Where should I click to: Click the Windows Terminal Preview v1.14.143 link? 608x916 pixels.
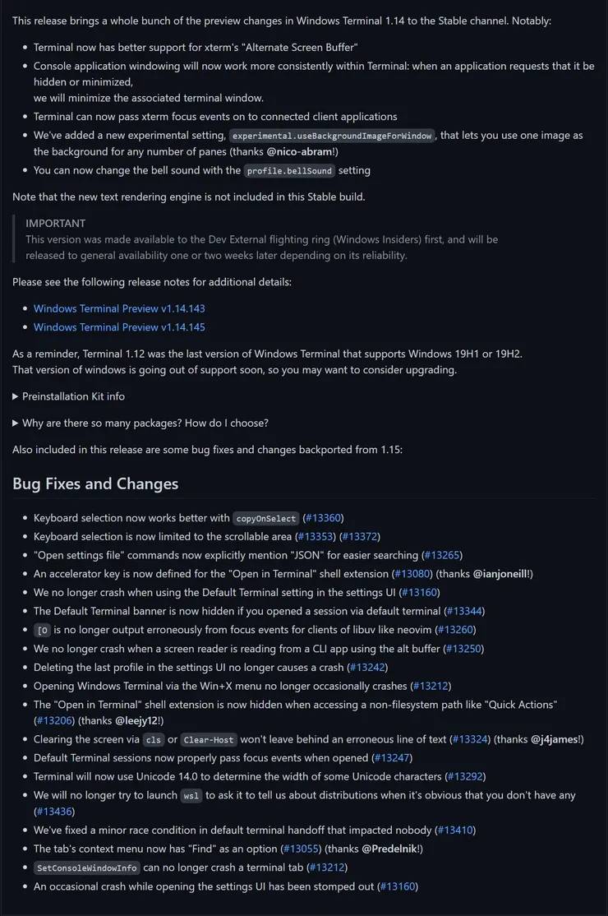[119, 308]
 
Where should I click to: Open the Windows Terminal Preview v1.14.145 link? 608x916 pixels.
[119, 326]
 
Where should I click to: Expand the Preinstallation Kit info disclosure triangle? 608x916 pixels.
[16, 396]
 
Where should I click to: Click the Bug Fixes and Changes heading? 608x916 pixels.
[95, 483]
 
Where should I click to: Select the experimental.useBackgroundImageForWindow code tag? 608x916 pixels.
[332, 136]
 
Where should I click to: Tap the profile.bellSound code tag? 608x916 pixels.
[290, 170]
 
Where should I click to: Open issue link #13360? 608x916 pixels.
[323, 518]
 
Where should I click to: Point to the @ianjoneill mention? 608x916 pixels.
[501, 573]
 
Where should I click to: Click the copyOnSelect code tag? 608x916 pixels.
[266, 518]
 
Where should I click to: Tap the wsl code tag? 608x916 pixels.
[191, 795]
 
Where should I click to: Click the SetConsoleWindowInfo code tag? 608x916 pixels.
[86, 868]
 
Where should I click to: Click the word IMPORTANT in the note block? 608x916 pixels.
[55, 223]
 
